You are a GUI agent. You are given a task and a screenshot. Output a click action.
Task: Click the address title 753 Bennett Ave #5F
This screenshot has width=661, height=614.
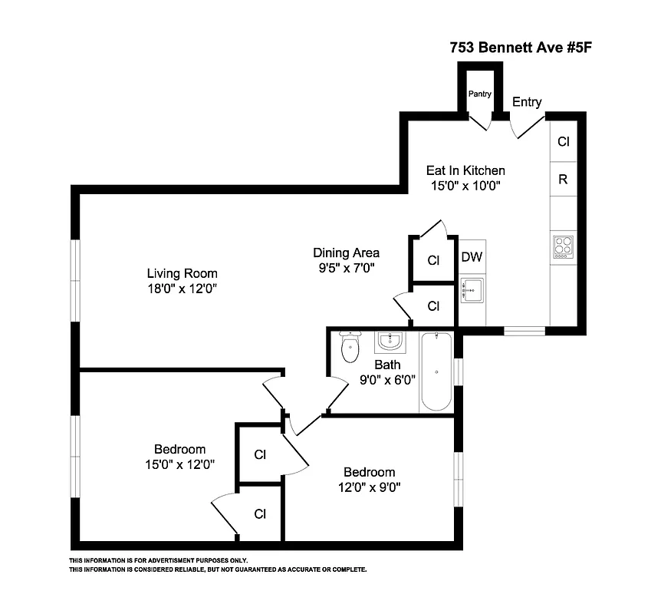[521, 47]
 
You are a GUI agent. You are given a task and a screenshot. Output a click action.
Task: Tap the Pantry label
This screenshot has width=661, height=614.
[480, 94]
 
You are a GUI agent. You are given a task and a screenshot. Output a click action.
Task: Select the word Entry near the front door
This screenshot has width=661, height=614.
[527, 102]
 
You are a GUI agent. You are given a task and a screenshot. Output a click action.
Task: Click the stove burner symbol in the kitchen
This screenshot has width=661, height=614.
[563, 246]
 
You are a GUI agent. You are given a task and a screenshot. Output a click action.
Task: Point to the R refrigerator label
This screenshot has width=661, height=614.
[563, 180]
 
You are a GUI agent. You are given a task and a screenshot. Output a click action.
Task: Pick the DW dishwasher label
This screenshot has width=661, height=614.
[472, 257]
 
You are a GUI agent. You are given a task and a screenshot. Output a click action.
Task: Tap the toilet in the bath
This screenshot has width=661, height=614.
[350, 348]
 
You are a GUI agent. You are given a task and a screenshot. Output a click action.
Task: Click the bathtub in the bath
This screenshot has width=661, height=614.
[436, 372]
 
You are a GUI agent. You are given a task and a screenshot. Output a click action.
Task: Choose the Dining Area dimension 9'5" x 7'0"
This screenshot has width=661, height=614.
[346, 268]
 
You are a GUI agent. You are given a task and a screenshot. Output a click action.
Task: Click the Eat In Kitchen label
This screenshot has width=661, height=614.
[465, 170]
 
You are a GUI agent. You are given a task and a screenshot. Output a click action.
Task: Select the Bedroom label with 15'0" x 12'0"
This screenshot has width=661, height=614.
[179, 449]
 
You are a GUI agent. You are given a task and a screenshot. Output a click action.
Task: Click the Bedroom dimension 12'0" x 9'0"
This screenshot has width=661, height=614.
[369, 487]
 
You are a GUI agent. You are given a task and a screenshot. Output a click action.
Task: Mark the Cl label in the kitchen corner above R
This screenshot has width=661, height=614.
[563, 142]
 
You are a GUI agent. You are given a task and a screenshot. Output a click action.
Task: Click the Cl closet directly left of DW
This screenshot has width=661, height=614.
[433, 260]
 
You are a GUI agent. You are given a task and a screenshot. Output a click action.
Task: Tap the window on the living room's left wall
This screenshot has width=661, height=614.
[75, 280]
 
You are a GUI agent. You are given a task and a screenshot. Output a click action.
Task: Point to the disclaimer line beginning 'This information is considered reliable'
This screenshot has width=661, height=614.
[219, 569]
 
